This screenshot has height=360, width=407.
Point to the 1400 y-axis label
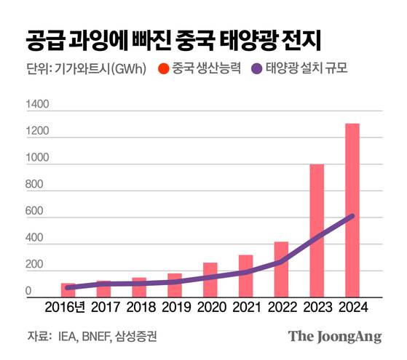(37, 106)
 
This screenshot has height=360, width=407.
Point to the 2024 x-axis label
(352, 308)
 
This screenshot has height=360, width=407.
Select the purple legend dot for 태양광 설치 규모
(256, 70)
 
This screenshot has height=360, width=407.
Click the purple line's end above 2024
(352, 215)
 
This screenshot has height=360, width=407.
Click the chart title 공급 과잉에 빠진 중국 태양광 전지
(174, 38)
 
